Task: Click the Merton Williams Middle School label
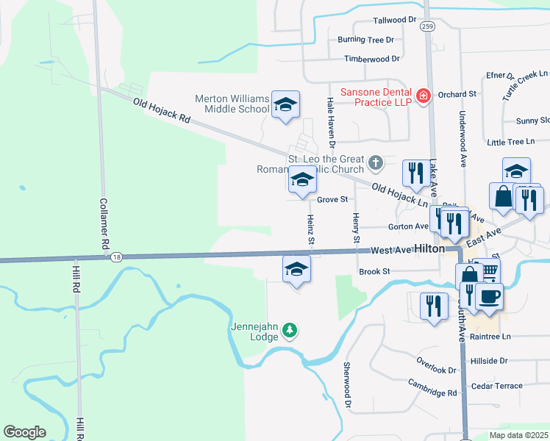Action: tap(232, 104)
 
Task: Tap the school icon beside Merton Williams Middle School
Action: tap(285, 104)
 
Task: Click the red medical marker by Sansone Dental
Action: tap(423, 96)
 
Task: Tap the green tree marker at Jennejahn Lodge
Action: tap(291, 331)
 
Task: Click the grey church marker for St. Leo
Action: tap(376, 162)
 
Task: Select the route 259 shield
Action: tap(427, 26)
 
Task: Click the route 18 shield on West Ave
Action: tap(116, 257)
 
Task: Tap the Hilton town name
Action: tap(429, 249)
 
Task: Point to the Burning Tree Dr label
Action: tap(365, 40)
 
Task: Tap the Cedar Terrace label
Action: tap(497, 386)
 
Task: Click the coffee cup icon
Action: tap(488, 295)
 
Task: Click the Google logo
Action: tap(24, 432)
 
